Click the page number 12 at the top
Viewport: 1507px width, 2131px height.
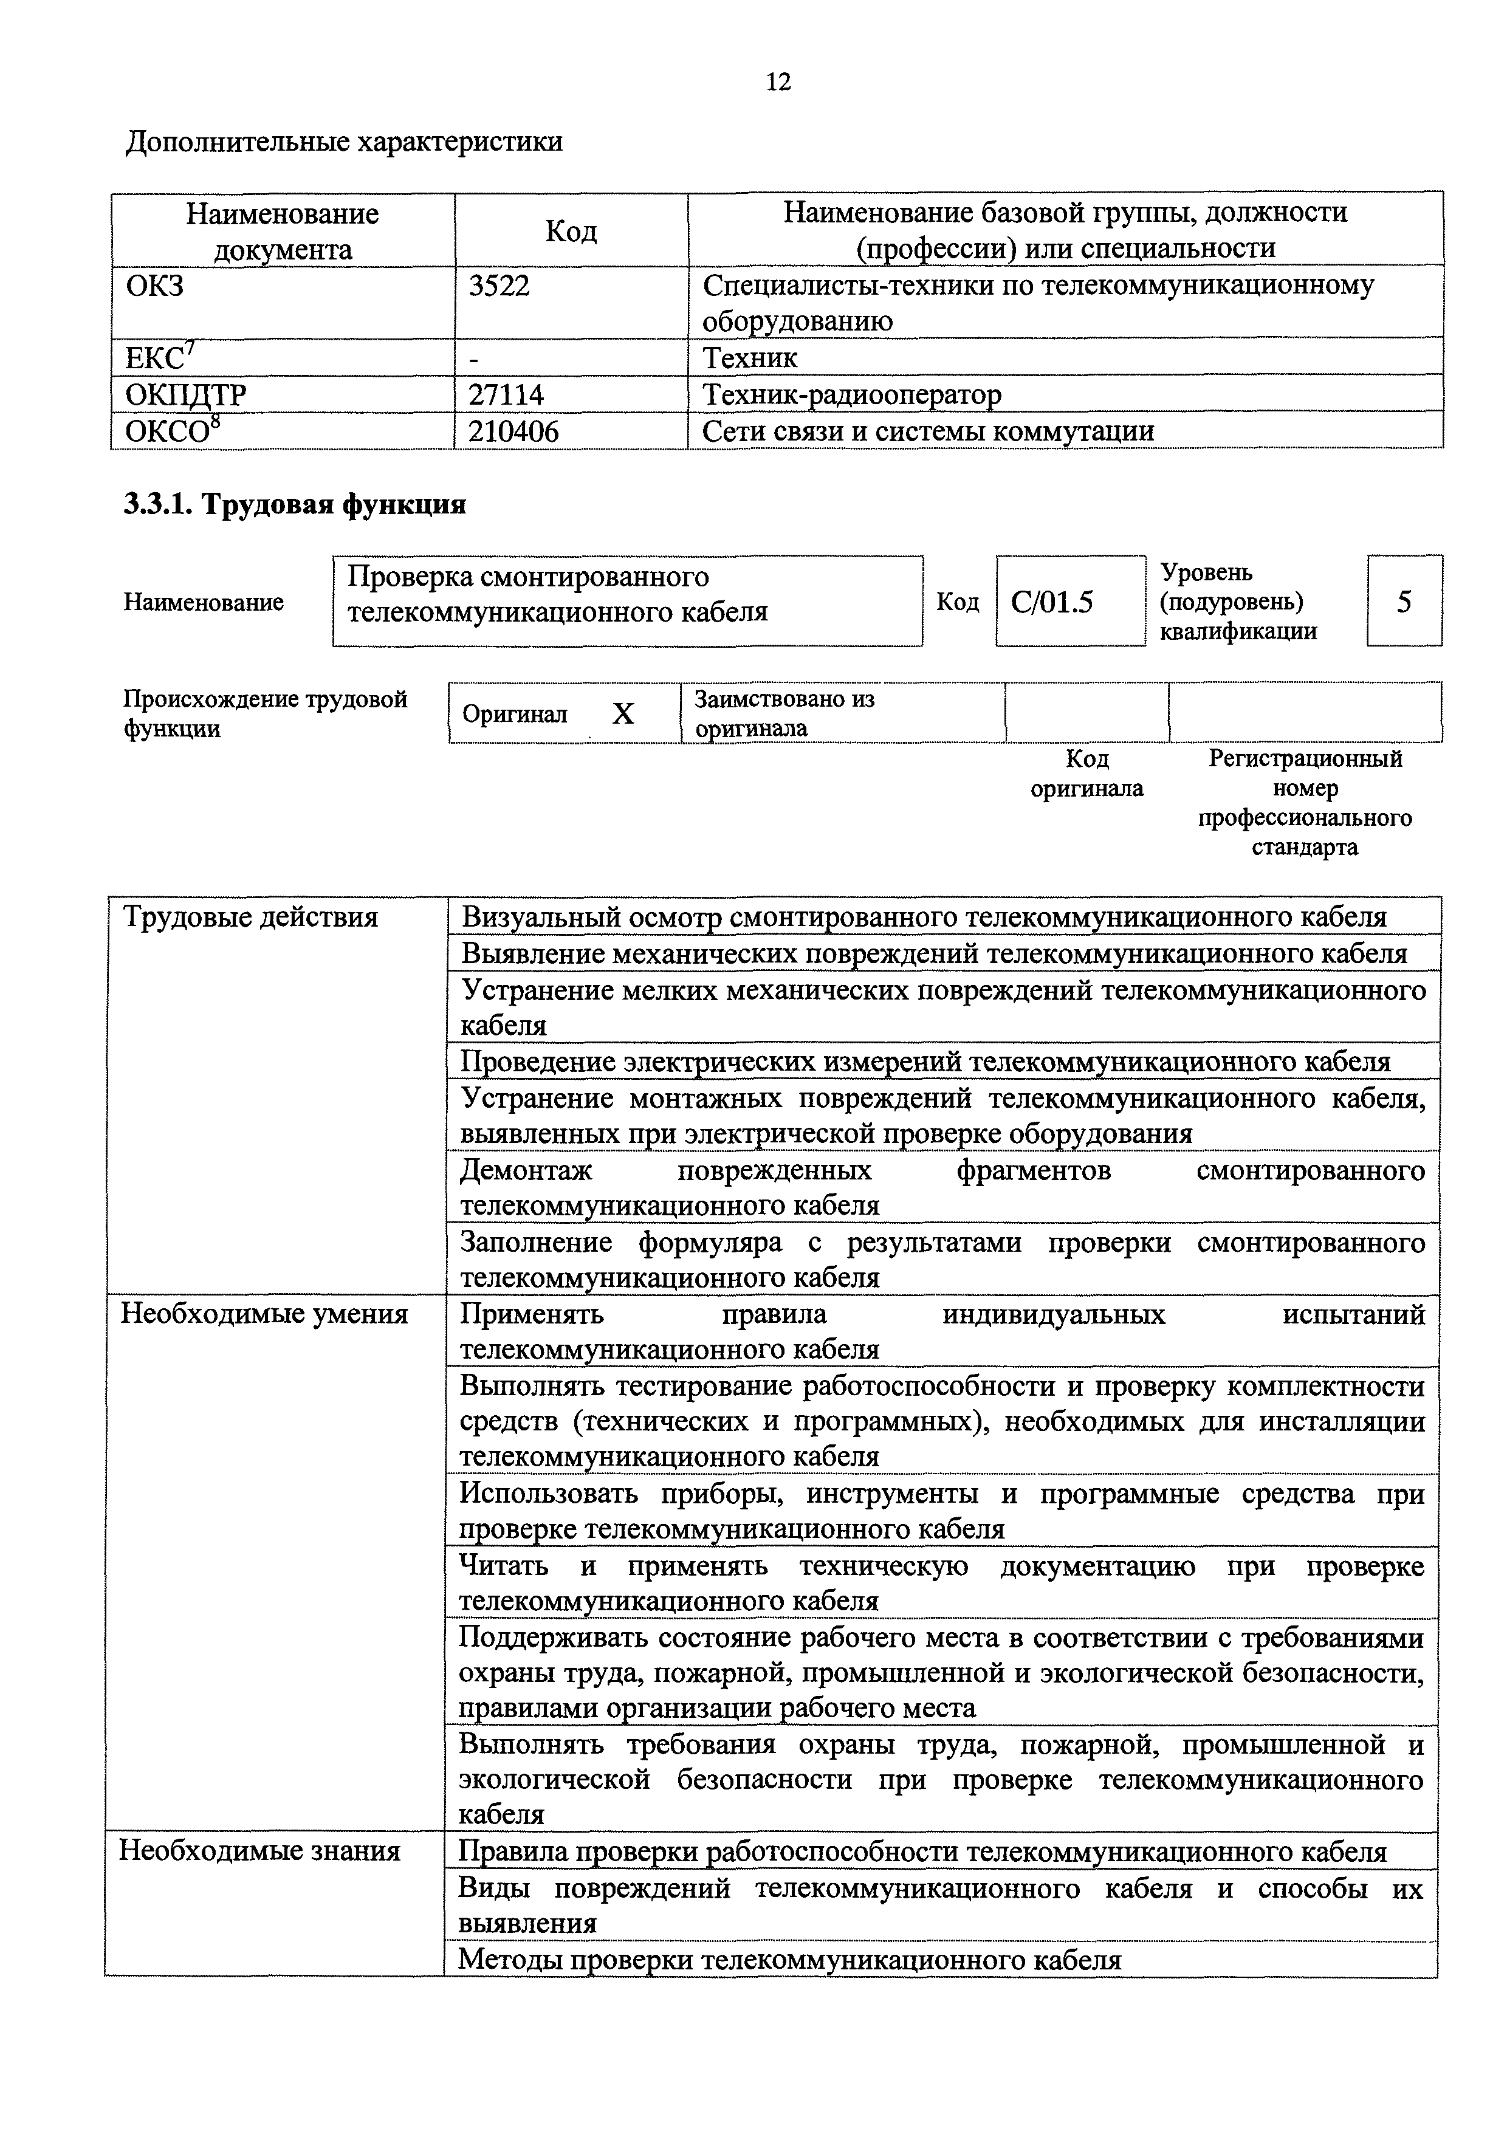pyautogui.click(x=778, y=83)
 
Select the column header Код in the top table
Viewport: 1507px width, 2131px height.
pyautogui.click(x=571, y=230)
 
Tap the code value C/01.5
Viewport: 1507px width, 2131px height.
pyautogui.click(x=1052, y=602)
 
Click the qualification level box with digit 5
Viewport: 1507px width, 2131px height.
pyautogui.click(x=1404, y=602)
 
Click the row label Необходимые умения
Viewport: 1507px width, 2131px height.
pyautogui.click(x=264, y=1314)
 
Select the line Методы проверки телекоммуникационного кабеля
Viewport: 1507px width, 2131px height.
pyautogui.click(x=790, y=1960)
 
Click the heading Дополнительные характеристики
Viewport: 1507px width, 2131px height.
pyautogui.click(x=343, y=142)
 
